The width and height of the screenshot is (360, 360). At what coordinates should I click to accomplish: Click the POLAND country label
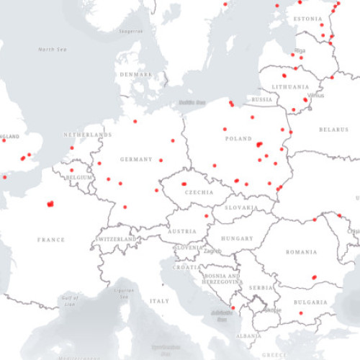coord(238,139)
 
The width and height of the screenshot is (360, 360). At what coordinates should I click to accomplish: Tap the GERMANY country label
coord(136,159)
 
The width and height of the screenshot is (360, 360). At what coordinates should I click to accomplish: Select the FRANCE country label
coord(51,240)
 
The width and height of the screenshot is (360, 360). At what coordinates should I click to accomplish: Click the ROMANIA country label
coord(300,252)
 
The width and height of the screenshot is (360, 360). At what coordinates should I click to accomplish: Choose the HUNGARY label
coord(237,238)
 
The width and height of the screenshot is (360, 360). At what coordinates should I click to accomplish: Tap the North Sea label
coord(53,50)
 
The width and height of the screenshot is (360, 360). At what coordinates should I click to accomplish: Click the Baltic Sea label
coord(192,102)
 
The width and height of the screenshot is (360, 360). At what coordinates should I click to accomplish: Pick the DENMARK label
coord(136,74)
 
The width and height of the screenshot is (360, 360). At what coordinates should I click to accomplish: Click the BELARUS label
coord(333,130)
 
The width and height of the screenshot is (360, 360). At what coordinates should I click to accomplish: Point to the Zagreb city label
coord(212,251)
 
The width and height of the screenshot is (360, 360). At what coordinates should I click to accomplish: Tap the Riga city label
coord(300,50)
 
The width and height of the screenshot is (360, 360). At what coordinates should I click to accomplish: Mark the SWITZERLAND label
coord(117,238)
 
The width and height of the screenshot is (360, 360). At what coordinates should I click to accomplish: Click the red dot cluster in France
coord(50,204)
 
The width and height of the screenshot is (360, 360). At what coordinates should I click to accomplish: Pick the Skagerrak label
coord(130,32)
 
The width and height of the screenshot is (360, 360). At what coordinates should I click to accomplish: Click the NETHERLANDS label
coord(88,135)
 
